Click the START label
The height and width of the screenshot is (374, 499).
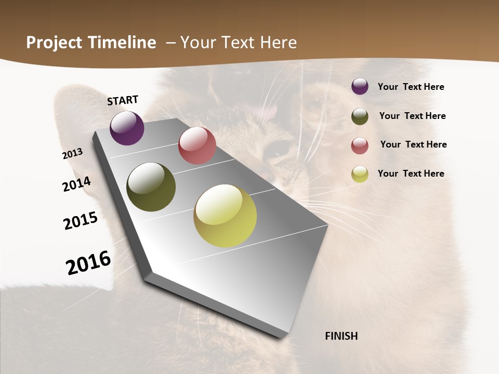point(123,100)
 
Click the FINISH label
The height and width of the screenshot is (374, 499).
point(341,336)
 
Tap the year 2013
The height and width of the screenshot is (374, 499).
point(73,154)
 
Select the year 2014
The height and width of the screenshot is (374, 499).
point(76,184)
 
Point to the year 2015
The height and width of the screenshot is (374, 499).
point(81,221)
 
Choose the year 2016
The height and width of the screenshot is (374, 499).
point(88,262)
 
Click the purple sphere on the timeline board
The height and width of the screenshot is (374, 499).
point(127,128)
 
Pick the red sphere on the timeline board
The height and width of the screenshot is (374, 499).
point(197,145)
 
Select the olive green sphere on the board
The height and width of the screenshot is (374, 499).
point(151,187)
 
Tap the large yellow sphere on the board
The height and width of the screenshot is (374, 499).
point(225,216)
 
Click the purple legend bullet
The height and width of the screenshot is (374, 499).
point(360,86)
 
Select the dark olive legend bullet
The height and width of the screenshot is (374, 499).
point(360,116)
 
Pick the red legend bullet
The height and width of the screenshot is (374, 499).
point(360,145)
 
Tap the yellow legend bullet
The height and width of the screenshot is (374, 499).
point(360,174)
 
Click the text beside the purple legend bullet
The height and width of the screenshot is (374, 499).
point(411,87)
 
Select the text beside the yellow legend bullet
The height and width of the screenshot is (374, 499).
point(411,173)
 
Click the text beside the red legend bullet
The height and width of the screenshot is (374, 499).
point(413,144)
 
